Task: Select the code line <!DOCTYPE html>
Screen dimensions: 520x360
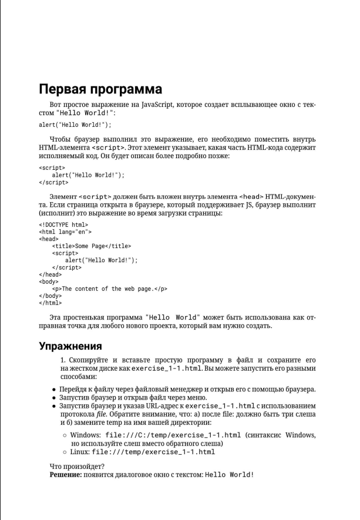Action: click(63, 224)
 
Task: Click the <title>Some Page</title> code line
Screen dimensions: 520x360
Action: click(92, 246)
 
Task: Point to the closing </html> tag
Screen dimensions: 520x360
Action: click(50, 303)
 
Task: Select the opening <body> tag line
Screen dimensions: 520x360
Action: click(49, 282)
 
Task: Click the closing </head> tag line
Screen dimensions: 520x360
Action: click(50, 274)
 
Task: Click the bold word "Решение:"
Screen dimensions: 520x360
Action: click(66, 474)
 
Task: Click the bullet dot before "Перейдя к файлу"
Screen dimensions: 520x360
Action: click(54, 389)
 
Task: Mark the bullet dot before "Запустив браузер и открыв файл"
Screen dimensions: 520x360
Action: click(54, 397)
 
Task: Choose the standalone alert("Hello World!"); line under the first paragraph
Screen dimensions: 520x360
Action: click(75, 125)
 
